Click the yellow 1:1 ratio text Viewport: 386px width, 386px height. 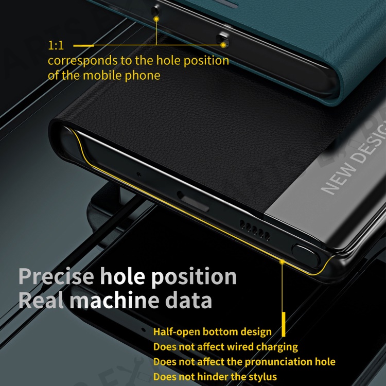(56, 45)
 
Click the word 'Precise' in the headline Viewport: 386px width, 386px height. (56, 276)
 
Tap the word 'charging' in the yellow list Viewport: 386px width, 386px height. (277, 347)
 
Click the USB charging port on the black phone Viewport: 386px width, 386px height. (193, 202)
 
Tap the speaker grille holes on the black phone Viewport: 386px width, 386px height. (255, 231)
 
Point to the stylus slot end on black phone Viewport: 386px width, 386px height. (306, 255)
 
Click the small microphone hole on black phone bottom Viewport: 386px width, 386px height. (139, 174)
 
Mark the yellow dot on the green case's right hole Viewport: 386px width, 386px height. (223, 45)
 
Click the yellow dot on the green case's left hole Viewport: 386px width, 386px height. (156, 19)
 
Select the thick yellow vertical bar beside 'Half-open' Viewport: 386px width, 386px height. (284, 324)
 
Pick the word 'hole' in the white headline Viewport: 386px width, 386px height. (122, 276)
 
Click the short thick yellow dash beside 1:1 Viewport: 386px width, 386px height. (83, 45)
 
